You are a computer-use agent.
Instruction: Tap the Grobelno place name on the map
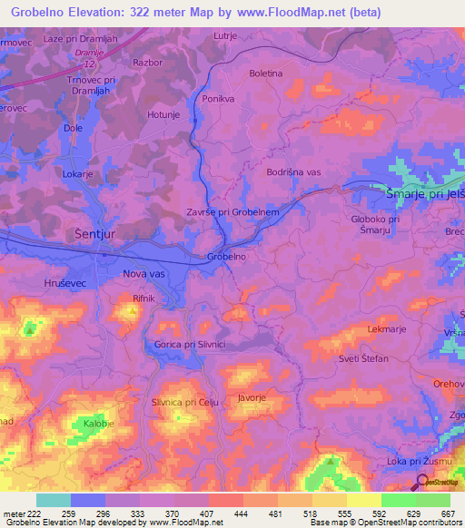tap(227, 257)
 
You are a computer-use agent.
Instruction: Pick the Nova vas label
tap(143, 271)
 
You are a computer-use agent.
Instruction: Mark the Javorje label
tap(251, 396)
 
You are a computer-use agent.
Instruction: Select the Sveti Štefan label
tap(364, 359)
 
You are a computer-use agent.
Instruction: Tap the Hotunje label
tap(166, 114)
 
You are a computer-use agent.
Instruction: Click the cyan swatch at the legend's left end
tap(54, 500)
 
